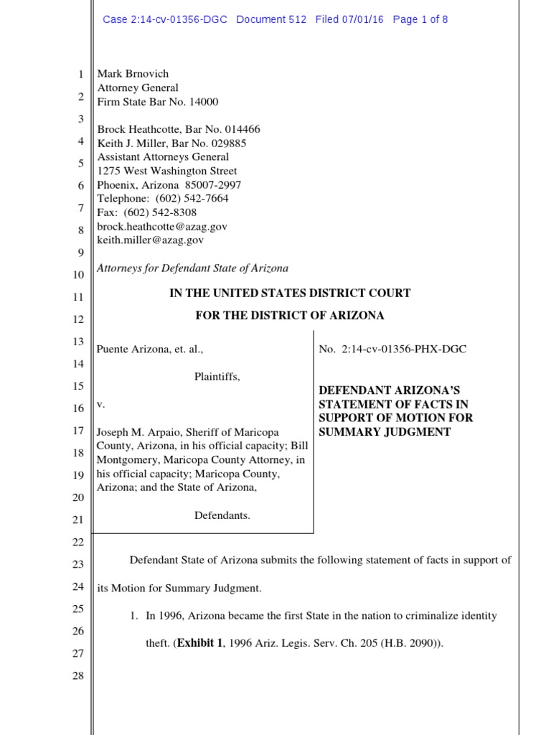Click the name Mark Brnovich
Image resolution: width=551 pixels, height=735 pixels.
(133, 74)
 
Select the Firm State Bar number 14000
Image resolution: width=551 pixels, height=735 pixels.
(204, 102)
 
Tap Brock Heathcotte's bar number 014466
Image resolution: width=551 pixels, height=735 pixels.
(242, 130)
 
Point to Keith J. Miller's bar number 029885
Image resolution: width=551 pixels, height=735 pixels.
(227, 144)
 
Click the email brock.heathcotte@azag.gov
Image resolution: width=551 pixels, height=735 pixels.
(162, 227)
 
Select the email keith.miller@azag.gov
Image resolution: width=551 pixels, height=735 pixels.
(151, 240)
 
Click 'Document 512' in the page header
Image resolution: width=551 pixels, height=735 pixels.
(271, 19)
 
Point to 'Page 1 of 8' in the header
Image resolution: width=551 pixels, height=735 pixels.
(420, 19)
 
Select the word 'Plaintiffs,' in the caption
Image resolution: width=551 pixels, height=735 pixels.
(217, 377)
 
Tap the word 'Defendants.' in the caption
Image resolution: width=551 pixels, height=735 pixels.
(222, 515)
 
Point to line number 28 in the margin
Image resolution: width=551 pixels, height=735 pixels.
(79, 676)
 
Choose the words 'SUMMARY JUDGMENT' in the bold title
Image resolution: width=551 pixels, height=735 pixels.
(385, 432)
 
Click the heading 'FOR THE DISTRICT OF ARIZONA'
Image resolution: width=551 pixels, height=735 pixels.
(290, 316)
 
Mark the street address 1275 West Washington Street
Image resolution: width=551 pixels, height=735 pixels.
(167, 172)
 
